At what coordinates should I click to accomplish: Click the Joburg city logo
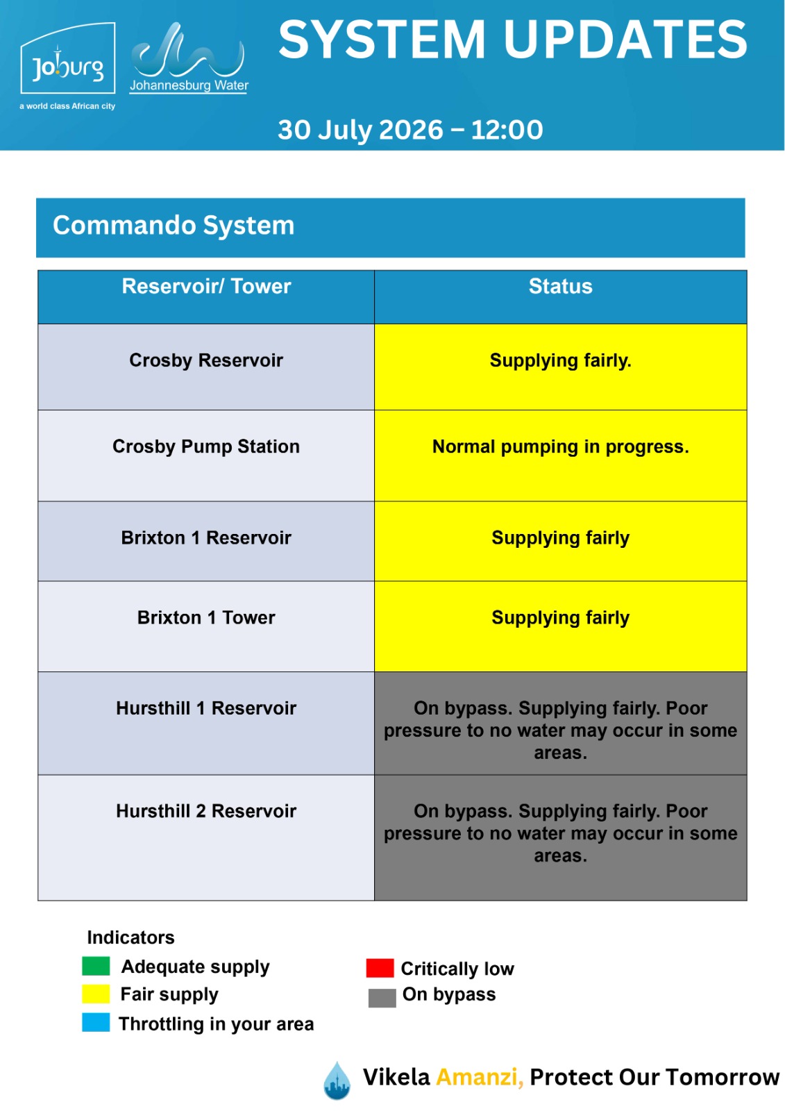67,66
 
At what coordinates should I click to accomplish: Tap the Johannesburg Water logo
189,58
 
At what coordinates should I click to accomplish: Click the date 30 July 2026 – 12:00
410,130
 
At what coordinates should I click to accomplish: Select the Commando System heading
174,225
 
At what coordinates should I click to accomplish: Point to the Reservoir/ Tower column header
206,286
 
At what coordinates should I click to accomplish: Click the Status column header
560,286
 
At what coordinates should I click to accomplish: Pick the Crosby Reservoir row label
206,360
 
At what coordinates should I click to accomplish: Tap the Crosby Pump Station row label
206,447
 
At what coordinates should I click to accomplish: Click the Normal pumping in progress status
560,447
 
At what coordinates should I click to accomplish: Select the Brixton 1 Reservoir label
206,537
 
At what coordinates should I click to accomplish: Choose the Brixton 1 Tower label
206,617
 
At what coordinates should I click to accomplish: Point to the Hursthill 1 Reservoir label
206,708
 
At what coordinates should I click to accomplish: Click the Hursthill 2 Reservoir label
206,811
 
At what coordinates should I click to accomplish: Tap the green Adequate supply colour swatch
96,966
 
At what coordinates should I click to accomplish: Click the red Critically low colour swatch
380,968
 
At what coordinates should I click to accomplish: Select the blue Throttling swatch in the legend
96,1023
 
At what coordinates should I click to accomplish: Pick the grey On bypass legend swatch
382,998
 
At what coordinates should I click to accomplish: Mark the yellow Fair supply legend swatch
96,994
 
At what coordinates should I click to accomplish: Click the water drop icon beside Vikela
337,1080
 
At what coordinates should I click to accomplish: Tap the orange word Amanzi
480,1077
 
